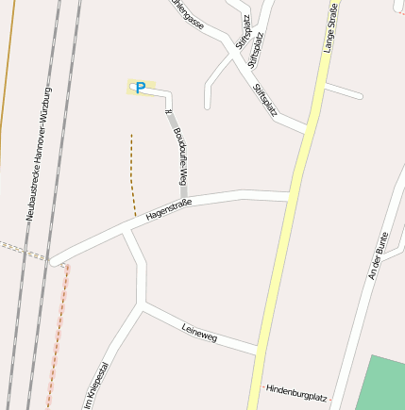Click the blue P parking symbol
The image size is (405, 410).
[x=141, y=88]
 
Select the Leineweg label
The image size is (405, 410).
[x=199, y=331]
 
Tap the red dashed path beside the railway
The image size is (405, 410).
[x=58, y=330]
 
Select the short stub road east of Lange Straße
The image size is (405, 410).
[x=344, y=92]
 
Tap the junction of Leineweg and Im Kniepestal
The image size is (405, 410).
[x=143, y=306]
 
